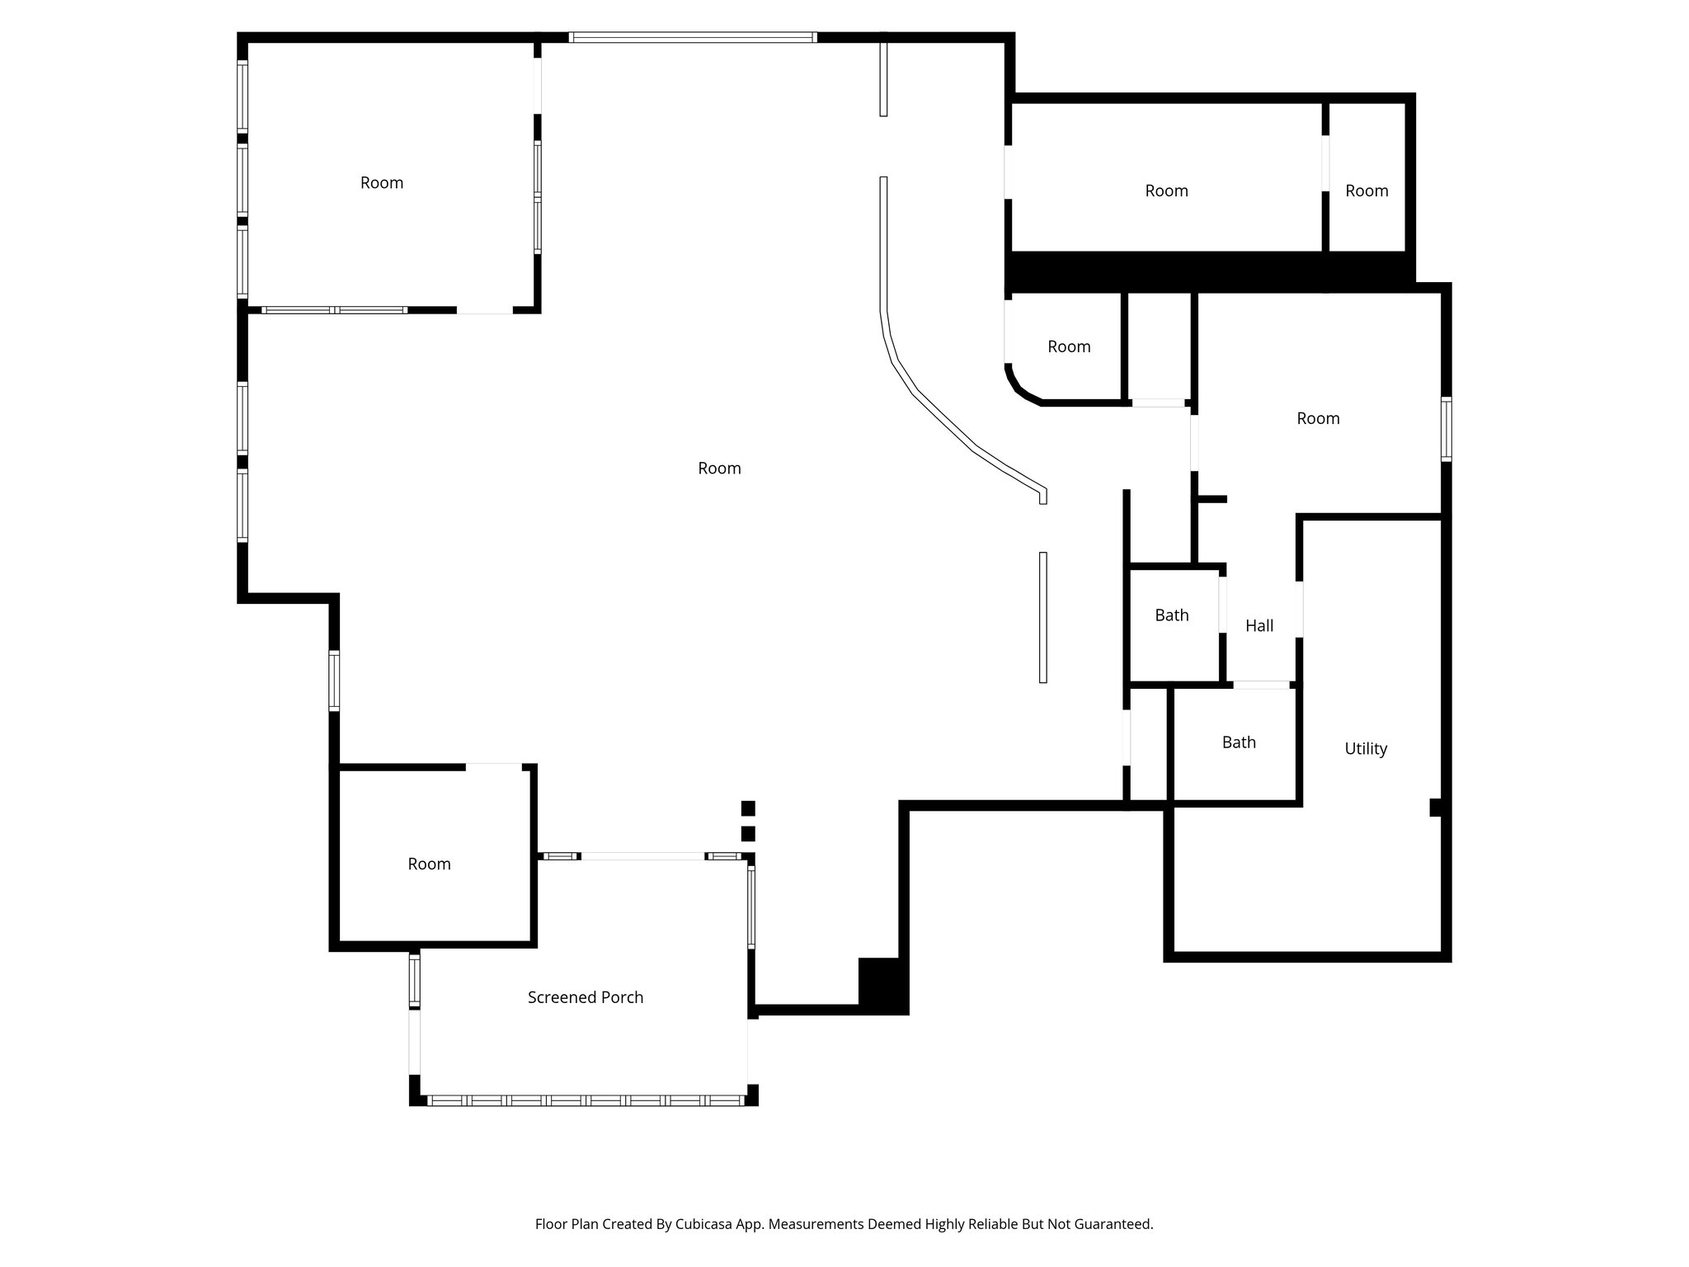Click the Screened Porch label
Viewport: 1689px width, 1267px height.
point(585,997)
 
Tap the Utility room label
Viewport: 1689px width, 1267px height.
point(1366,749)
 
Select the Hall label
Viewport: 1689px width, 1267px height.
point(1259,626)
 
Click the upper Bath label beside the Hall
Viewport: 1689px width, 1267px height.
point(1171,615)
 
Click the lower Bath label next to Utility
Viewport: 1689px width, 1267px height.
point(1239,742)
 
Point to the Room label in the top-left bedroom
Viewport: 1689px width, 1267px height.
point(382,183)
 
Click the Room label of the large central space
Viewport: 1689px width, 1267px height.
point(719,469)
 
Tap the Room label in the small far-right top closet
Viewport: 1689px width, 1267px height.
point(1367,191)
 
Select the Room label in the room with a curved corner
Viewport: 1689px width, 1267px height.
point(1069,347)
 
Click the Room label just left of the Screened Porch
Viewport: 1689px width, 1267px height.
point(429,864)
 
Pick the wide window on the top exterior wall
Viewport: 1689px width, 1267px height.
point(693,37)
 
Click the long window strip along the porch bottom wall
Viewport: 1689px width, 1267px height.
point(586,1100)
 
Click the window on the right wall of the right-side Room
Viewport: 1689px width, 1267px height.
point(1447,429)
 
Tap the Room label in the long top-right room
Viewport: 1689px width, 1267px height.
point(1166,191)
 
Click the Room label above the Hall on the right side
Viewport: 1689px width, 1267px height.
point(1318,419)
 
